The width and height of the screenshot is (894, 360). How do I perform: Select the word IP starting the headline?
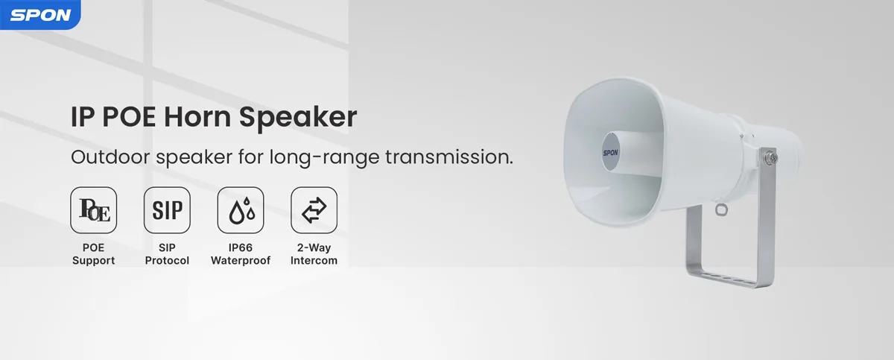coord(81,118)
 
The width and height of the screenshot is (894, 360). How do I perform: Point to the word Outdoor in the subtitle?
coord(109,158)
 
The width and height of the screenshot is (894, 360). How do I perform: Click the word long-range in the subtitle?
coord(343,159)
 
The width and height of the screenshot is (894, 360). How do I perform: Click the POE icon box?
coord(93,210)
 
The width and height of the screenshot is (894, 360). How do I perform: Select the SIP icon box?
coord(167,210)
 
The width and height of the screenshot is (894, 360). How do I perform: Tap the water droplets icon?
coord(241,210)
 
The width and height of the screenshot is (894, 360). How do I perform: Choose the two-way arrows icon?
coord(314,210)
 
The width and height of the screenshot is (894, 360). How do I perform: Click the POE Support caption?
coord(94,253)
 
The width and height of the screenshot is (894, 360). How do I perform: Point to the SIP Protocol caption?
coord(167,253)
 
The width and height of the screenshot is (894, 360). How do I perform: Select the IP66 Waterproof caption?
coord(241,253)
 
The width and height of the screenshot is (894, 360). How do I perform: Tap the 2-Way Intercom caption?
coord(314,253)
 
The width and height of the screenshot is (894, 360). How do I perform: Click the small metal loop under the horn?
coord(720,210)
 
